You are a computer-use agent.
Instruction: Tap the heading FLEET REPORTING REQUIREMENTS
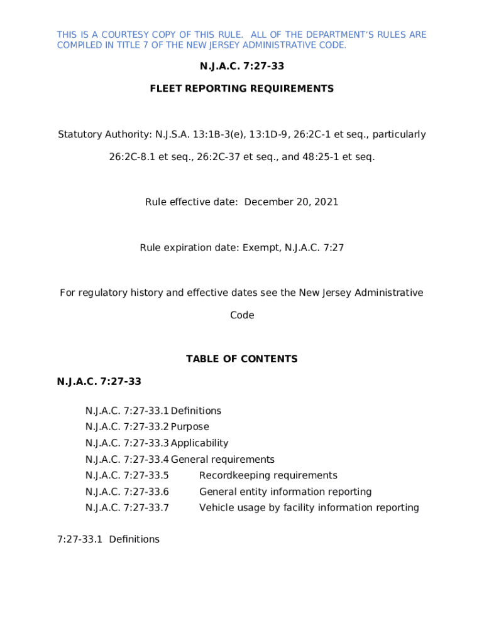242,89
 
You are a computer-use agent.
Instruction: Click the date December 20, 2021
291,202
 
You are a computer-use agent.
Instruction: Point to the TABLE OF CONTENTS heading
242,359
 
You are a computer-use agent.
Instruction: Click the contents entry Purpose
190,427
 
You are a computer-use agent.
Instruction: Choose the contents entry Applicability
199,443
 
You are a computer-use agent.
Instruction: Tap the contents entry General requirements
223,460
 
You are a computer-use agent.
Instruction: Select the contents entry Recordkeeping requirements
268,475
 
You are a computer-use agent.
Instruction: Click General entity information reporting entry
285,492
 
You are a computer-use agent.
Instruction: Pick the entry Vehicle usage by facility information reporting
309,507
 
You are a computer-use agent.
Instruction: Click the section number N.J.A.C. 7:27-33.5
127,475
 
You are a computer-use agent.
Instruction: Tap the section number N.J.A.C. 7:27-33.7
127,507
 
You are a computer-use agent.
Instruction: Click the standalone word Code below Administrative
242,315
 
